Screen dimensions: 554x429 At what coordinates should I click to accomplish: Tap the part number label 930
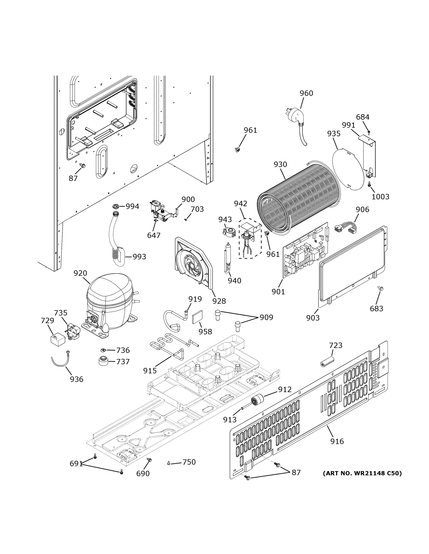click(280, 164)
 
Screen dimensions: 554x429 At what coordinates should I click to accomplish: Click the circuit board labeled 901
click(305, 251)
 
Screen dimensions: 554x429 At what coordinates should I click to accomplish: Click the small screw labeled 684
click(369, 132)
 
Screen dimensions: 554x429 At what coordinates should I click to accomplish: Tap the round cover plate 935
click(348, 169)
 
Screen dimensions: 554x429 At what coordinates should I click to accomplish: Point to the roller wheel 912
click(257, 401)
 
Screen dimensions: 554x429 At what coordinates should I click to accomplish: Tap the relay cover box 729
click(57, 340)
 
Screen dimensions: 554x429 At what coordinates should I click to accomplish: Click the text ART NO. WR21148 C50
click(362, 473)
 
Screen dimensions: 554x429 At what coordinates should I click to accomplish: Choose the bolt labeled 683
click(380, 288)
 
